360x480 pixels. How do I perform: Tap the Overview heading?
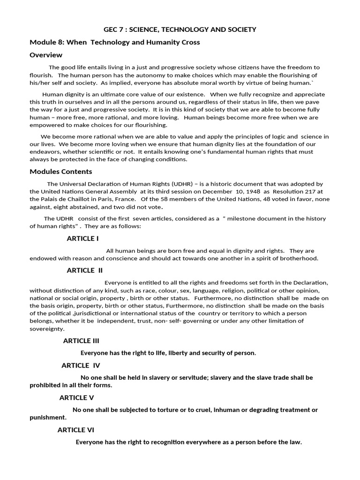pos(46,55)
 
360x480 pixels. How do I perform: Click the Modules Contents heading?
pos(61,171)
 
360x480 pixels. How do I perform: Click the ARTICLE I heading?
pos(82,238)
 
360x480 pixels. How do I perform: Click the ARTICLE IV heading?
pos(81,365)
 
